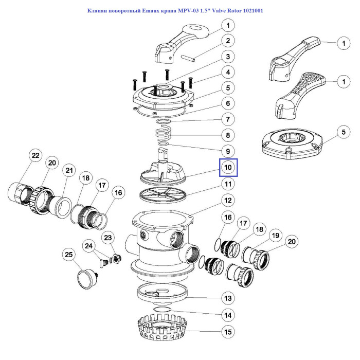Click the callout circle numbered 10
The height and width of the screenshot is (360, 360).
(x=228, y=167)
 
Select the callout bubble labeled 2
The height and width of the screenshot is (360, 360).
(x=228, y=41)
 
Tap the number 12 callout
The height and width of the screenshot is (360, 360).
(x=228, y=200)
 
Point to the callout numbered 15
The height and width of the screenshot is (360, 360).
(x=228, y=332)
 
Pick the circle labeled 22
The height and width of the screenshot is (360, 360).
(x=35, y=155)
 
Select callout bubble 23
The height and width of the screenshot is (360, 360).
(x=108, y=238)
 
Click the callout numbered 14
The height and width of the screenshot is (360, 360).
(x=228, y=315)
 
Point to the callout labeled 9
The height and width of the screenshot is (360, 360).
(x=228, y=152)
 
